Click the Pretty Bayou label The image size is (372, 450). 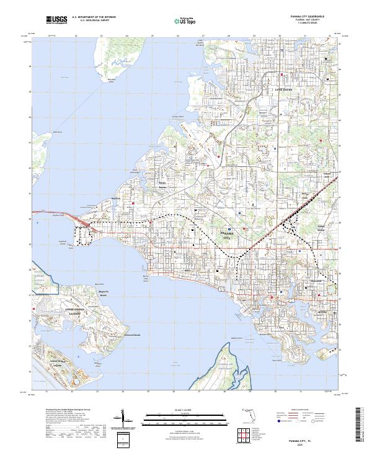162,186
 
